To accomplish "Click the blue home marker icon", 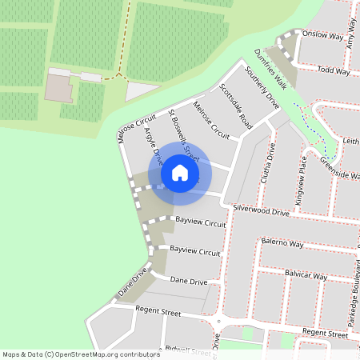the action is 179,172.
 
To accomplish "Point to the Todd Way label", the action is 334,71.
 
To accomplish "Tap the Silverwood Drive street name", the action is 261,210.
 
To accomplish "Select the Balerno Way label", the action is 282,242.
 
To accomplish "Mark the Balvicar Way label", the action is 306,275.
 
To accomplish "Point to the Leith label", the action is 350,141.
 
